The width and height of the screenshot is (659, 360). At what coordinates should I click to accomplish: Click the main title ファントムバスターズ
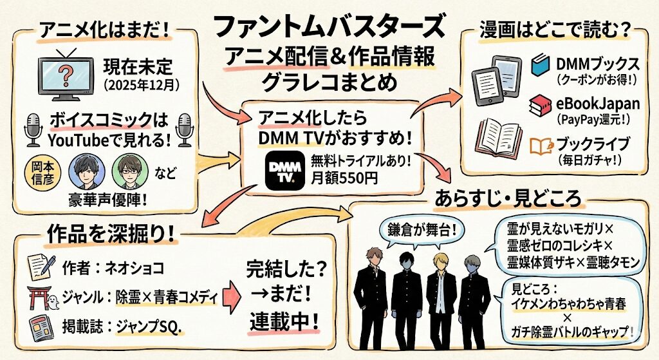click(x=328, y=27)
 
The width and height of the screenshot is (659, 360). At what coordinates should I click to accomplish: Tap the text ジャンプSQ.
click(x=150, y=327)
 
